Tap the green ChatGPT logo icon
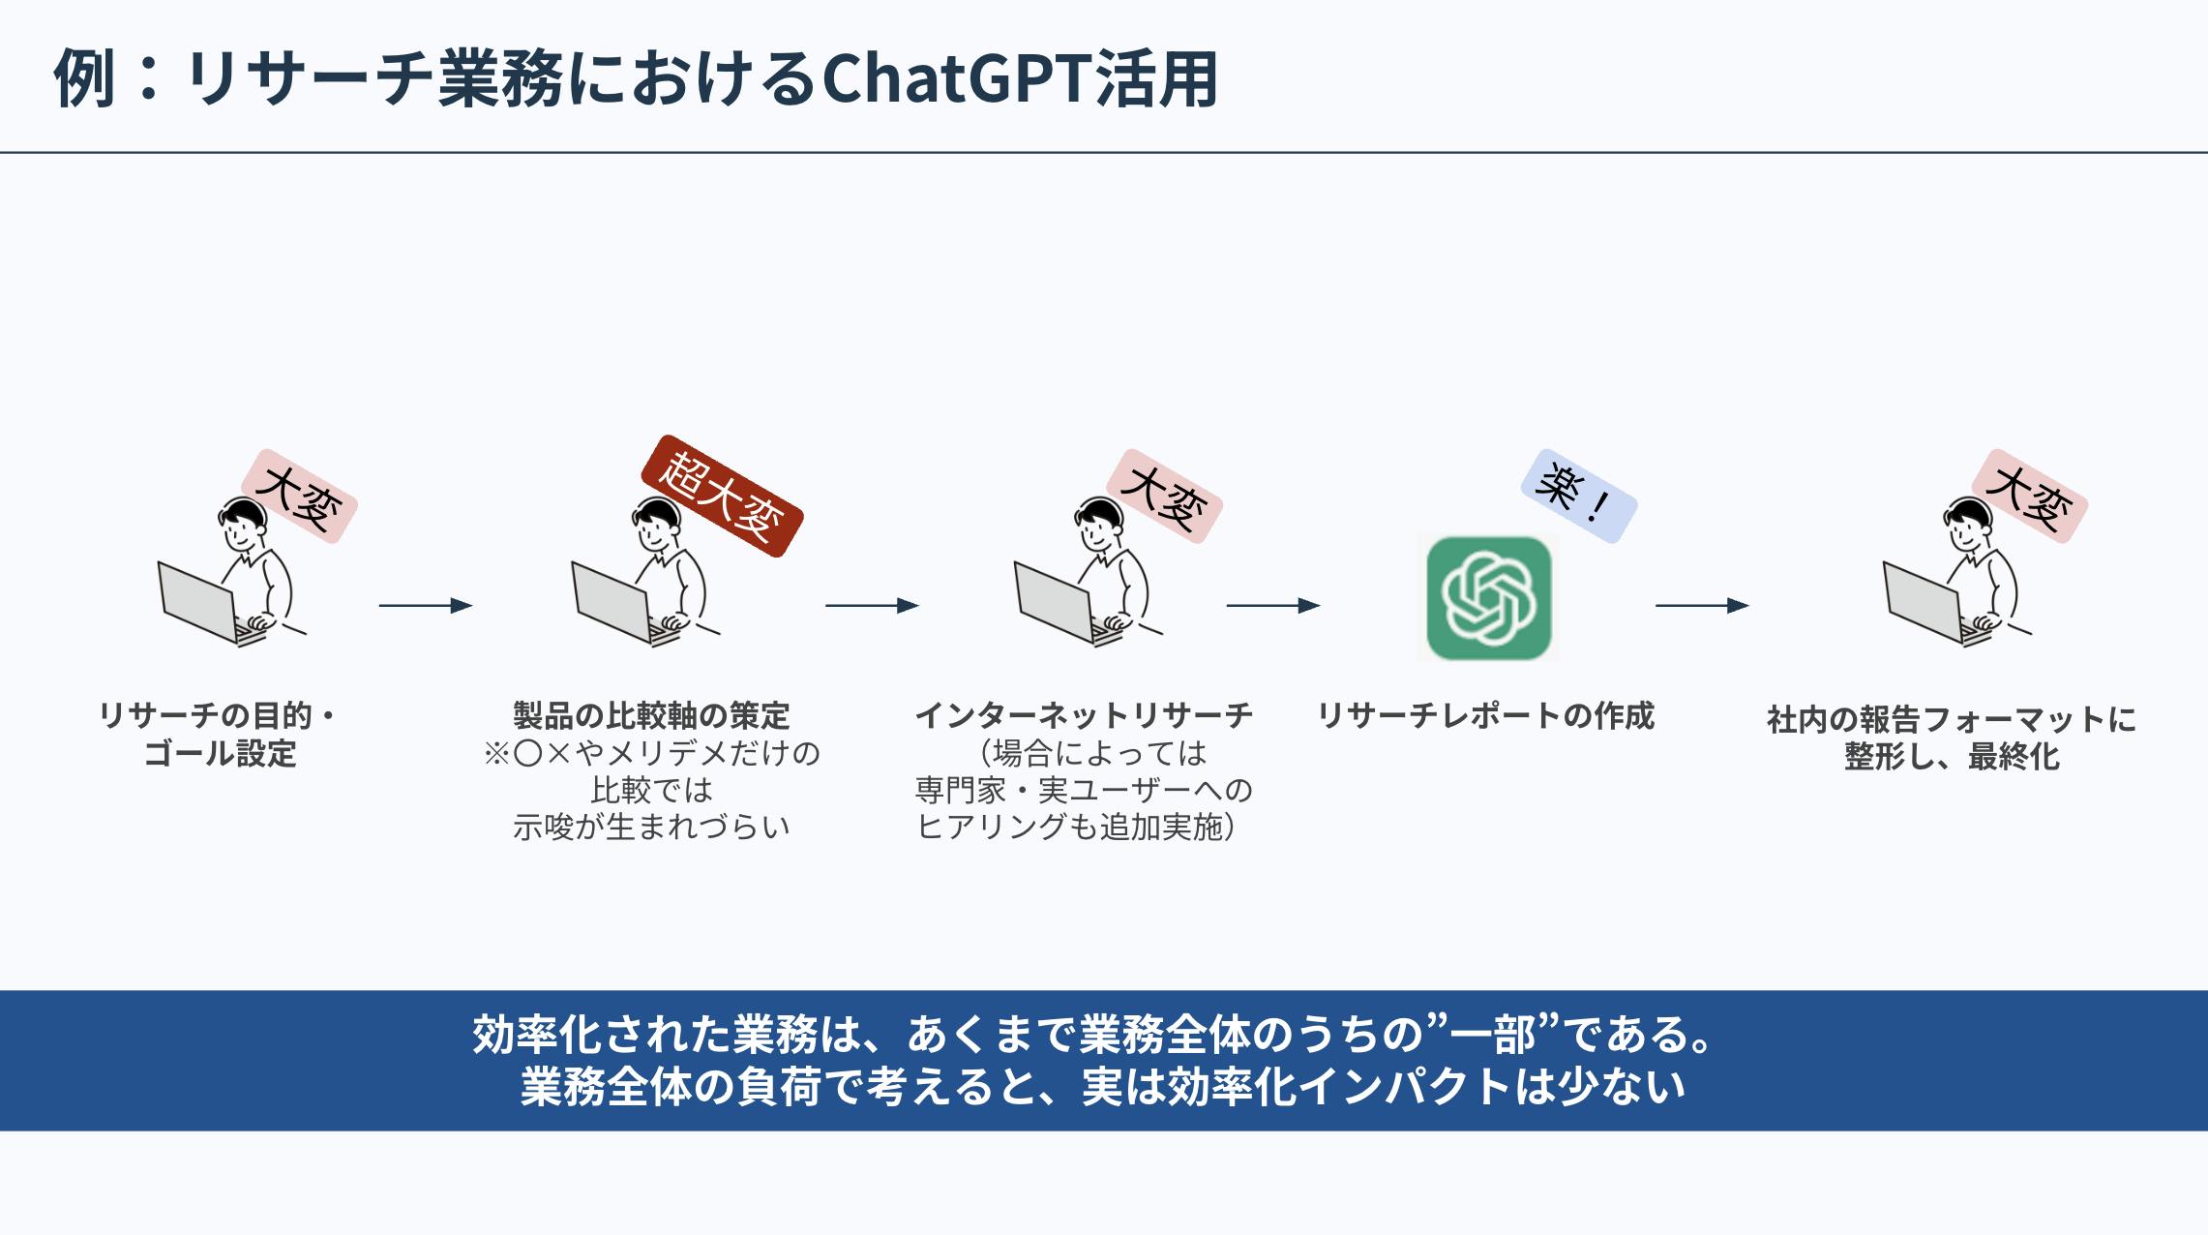click(1489, 598)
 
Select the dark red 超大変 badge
click(722, 496)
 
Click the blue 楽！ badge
click(1578, 496)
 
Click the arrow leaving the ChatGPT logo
click(1701, 606)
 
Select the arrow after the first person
click(425, 606)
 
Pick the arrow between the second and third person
click(871, 606)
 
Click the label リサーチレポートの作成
click(1486, 716)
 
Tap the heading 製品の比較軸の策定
click(651, 716)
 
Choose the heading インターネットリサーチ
click(1084, 716)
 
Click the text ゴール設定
click(220, 754)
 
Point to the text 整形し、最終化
click(1952, 757)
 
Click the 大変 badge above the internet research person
click(1164, 497)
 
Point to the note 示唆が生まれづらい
click(651, 828)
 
